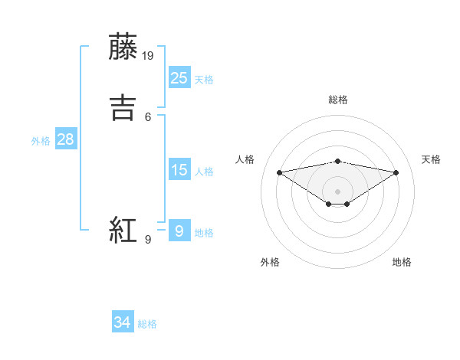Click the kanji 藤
tap(124, 47)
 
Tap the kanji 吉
tap(124, 106)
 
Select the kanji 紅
tap(124, 231)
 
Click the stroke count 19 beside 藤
tap(149, 56)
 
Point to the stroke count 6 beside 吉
tap(148, 116)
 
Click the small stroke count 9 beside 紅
tap(148, 240)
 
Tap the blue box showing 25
tap(179, 77)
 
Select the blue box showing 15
tap(179, 170)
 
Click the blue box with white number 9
tap(179, 231)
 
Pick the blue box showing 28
tap(65, 139)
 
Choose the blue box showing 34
tap(123, 322)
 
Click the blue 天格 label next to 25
tap(204, 80)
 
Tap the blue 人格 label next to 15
tap(204, 172)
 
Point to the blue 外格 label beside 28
tap(41, 141)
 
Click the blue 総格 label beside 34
tap(147, 324)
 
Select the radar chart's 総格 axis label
tap(337, 100)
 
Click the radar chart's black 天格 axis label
tap(432, 159)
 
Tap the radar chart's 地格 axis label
tap(402, 262)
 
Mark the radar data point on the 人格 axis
tap(279, 172)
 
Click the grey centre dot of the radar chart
tap(337, 191)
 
